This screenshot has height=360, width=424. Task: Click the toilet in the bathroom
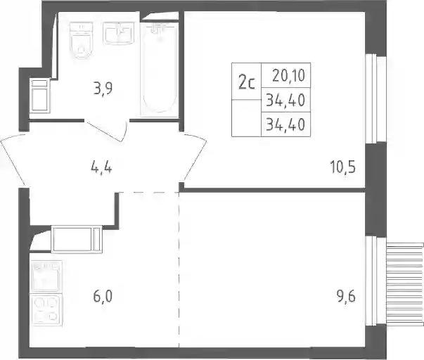(x=81, y=40)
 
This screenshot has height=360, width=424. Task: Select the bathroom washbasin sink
(x=118, y=33)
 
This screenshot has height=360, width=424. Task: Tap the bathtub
(x=160, y=69)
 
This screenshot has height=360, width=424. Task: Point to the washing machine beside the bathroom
(x=40, y=95)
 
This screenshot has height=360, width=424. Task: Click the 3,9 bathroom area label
(x=103, y=89)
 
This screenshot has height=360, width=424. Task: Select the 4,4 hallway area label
(x=101, y=168)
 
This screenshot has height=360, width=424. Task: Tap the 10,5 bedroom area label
(x=343, y=167)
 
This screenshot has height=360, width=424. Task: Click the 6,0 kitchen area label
(x=103, y=297)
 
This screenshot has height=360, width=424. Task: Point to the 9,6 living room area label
(x=346, y=297)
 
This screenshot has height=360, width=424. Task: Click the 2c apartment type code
(x=247, y=82)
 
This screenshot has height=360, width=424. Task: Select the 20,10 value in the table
(x=288, y=75)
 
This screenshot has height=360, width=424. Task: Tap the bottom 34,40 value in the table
(x=285, y=124)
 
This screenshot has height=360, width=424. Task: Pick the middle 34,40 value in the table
(x=285, y=100)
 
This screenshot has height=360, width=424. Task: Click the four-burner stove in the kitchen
(x=46, y=310)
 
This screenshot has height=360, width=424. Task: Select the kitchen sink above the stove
(x=46, y=276)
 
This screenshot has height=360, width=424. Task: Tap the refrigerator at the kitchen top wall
(x=77, y=239)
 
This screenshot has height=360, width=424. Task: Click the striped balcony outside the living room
(x=405, y=284)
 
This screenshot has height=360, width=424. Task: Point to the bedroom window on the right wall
(x=371, y=98)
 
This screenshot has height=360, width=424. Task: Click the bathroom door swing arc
(x=107, y=131)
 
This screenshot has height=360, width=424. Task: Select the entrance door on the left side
(x=13, y=160)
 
